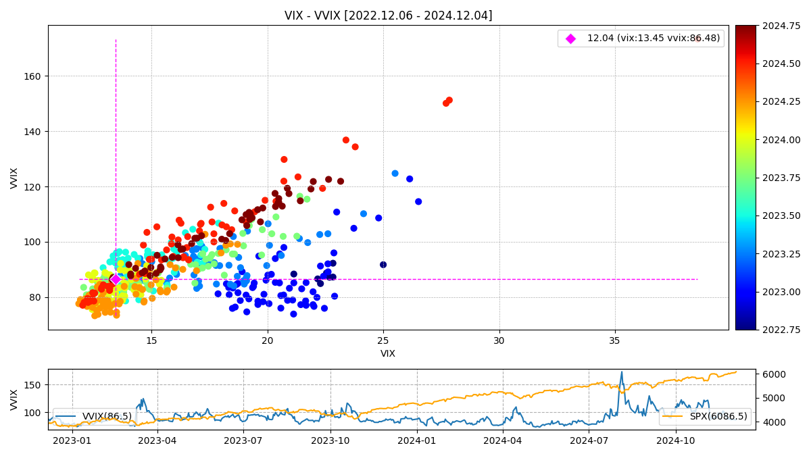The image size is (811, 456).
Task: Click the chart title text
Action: tap(388, 16)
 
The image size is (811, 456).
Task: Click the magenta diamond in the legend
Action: tap(570, 39)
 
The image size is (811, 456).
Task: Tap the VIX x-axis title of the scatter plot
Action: tap(388, 353)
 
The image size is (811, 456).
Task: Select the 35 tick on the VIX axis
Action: tap(614, 341)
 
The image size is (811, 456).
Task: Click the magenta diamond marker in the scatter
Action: tap(116, 279)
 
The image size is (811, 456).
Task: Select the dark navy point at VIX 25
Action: tap(383, 265)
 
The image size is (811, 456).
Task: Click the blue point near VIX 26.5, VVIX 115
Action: tap(418, 201)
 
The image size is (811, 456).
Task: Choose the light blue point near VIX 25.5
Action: tap(395, 174)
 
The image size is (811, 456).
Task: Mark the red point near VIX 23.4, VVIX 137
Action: tap(346, 140)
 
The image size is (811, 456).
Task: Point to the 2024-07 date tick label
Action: tap(589, 440)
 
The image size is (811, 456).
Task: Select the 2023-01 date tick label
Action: tap(72, 440)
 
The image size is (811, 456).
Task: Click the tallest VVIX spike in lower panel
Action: tap(622, 372)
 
